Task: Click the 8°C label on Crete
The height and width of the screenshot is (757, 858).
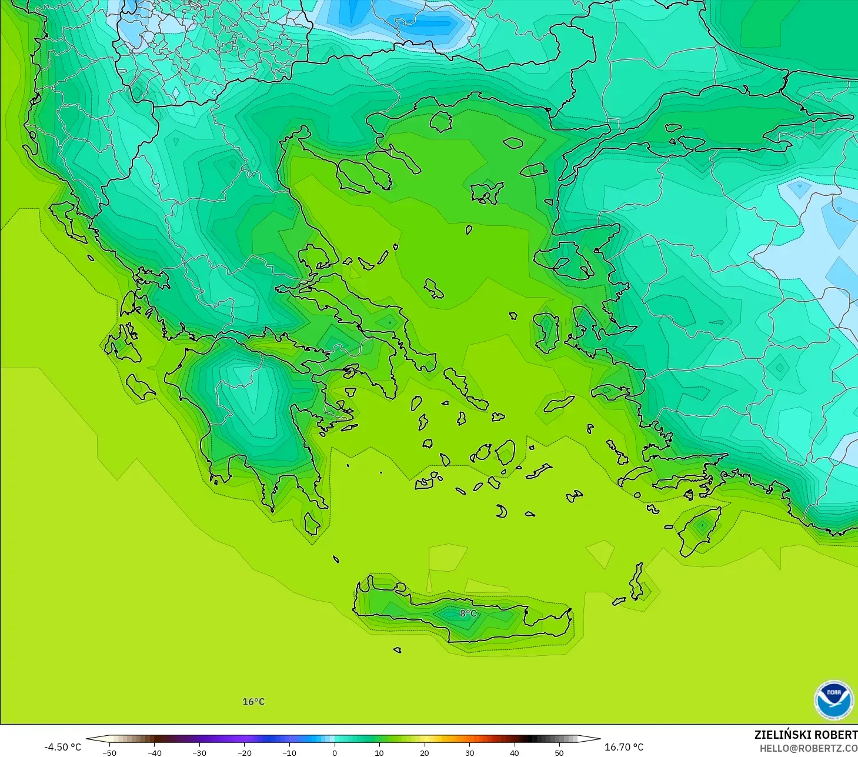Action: coord(468,613)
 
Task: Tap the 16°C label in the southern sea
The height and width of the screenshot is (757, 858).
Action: coord(253,702)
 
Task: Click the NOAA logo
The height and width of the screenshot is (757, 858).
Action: coord(833,700)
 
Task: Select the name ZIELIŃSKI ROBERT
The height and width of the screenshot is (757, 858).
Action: coord(806,735)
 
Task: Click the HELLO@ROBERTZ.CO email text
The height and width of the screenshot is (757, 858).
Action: coord(808,749)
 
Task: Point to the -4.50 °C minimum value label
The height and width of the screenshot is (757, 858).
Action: coord(62,747)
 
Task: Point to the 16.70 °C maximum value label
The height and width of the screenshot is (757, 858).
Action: coord(624,747)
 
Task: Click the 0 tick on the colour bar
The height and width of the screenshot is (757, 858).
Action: coord(334,752)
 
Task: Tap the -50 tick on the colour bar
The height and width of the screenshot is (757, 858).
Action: coord(109,752)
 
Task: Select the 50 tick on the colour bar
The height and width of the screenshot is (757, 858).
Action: coord(559,752)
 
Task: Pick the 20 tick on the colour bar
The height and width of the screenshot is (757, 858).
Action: coord(424,752)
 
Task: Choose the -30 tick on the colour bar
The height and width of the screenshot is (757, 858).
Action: coord(199,752)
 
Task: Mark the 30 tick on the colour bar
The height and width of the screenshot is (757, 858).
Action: coord(469,752)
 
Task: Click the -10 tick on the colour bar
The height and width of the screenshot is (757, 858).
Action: coord(289,752)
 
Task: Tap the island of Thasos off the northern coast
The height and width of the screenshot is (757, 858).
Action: coord(440,122)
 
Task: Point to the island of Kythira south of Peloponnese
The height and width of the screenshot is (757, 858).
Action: coord(312,523)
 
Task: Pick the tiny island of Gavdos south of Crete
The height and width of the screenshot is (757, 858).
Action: coord(397,650)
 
